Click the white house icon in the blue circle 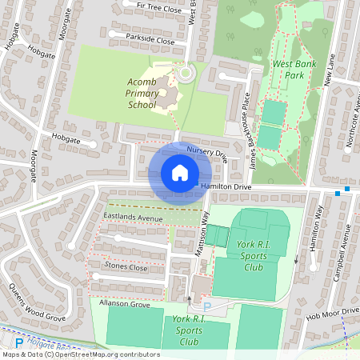179,172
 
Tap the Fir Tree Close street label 161,7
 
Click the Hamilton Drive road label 226,186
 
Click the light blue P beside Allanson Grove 206,306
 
